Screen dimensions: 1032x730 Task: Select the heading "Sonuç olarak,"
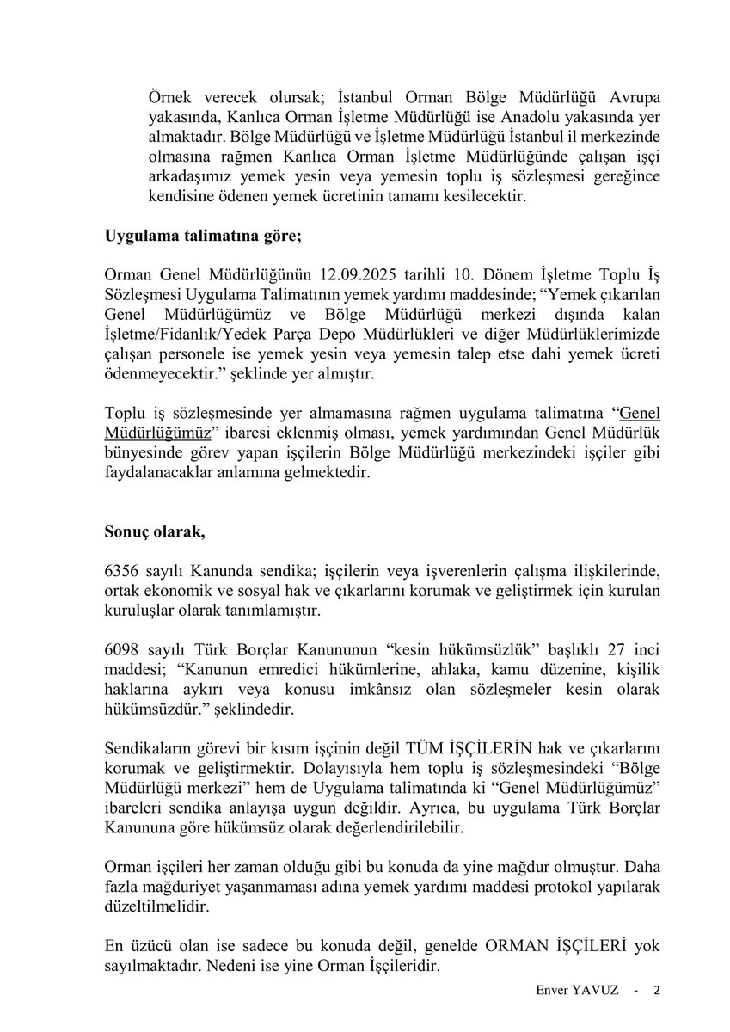tap(154, 531)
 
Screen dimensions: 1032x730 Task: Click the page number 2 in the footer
tap(657, 990)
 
